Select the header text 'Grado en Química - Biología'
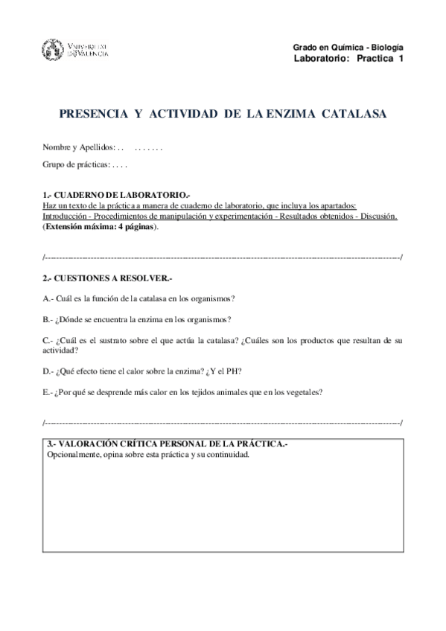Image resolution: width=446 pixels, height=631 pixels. [x=348, y=46]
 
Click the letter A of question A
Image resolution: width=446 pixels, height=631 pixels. [x=46, y=299]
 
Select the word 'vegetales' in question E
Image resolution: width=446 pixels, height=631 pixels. [x=302, y=392]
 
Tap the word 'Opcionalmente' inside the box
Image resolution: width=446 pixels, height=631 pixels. [x=73, y=455]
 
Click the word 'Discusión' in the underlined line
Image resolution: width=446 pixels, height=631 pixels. [x=378, y=216]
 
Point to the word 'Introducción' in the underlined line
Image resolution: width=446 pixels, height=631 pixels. [x=65, y=216]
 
